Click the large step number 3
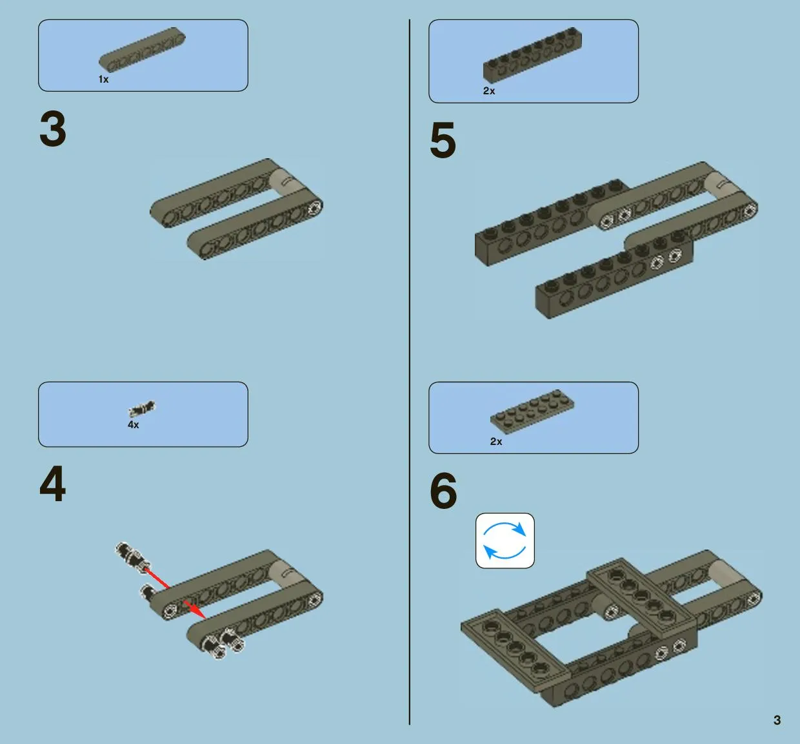(53, 129)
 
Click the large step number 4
(53, 484)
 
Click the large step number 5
(443, 140)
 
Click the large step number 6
(443, 491)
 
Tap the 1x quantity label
(103, 79)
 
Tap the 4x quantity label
(134, 424)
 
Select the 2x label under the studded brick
(489, 91)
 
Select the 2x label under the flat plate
(496, 442)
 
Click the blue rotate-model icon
(505, 541)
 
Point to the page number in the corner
(777, 720)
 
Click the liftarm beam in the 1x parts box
(142, 50)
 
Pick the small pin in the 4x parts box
(142, 409)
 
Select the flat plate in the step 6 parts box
(532, 412)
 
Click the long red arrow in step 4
(156, 577)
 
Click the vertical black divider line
(410, 371)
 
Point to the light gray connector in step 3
(288, 181)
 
